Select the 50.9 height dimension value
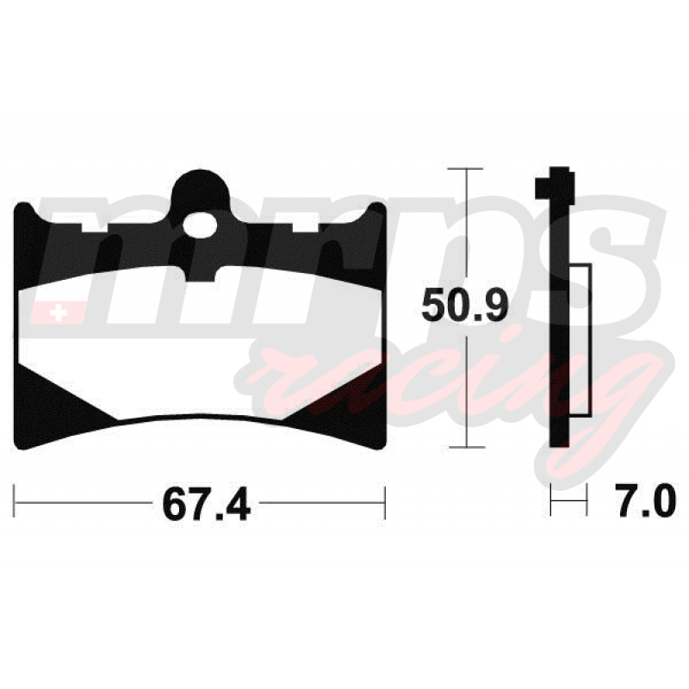click(464, 306)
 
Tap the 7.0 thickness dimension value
click(645, 500)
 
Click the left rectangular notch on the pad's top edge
click(95, 227)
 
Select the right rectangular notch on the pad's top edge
click(306, 227)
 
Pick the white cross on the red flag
click(58, 313)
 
